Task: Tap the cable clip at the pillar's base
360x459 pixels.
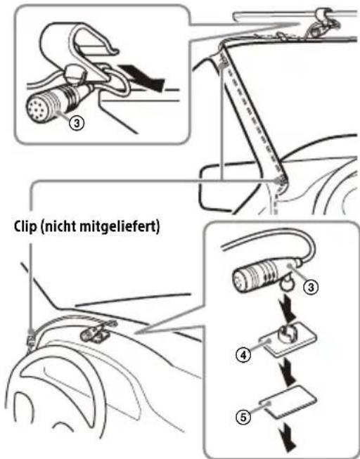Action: click(282, 184)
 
